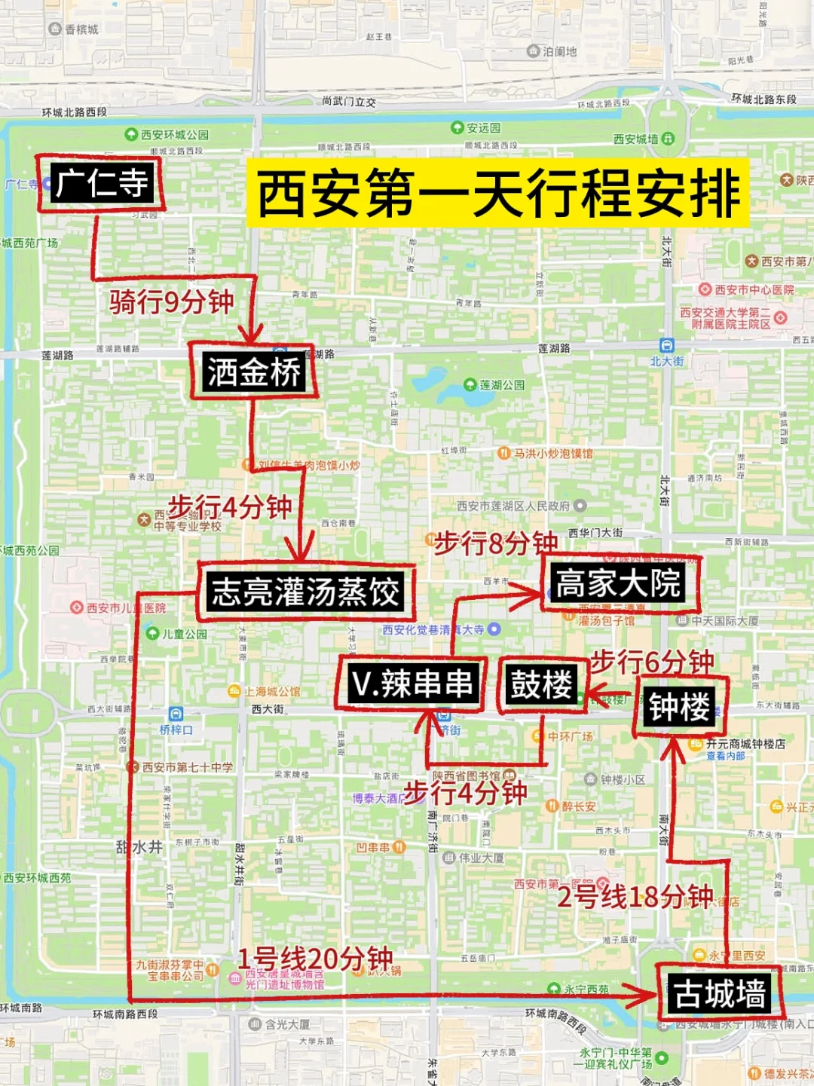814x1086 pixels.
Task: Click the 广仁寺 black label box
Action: (x=102, y=182)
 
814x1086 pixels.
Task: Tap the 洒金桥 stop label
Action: (x=254, y=372)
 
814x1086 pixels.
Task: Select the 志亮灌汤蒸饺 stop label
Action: (x=305, y=591)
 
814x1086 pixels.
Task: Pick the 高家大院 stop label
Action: (x=618, y=583)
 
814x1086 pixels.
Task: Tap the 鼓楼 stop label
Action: (x=541, y=684)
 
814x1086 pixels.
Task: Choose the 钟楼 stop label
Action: (x=679, y=706)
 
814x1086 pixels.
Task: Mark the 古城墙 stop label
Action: (x=720, y=993)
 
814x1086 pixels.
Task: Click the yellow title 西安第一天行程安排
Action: (x=498, y=194)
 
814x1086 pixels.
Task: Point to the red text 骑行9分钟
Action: (x=172, y=302)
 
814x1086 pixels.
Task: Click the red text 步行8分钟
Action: (x=496, y=542)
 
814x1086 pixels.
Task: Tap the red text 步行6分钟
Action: (x=652, y=662)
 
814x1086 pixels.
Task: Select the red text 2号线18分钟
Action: (x=635, y=896)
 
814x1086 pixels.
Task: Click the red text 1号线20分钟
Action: (x=315, y=959)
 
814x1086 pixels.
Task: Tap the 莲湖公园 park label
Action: (x=501, y=385)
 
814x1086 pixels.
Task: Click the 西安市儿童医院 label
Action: (x=125, y=607)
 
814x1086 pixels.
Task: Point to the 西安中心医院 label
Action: (x=754, y=289)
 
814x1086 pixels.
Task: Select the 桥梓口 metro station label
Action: (x=176, y=730)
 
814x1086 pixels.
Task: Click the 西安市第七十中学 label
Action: (x=187, y=767)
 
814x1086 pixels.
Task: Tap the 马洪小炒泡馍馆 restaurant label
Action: (x=552, y=454)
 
